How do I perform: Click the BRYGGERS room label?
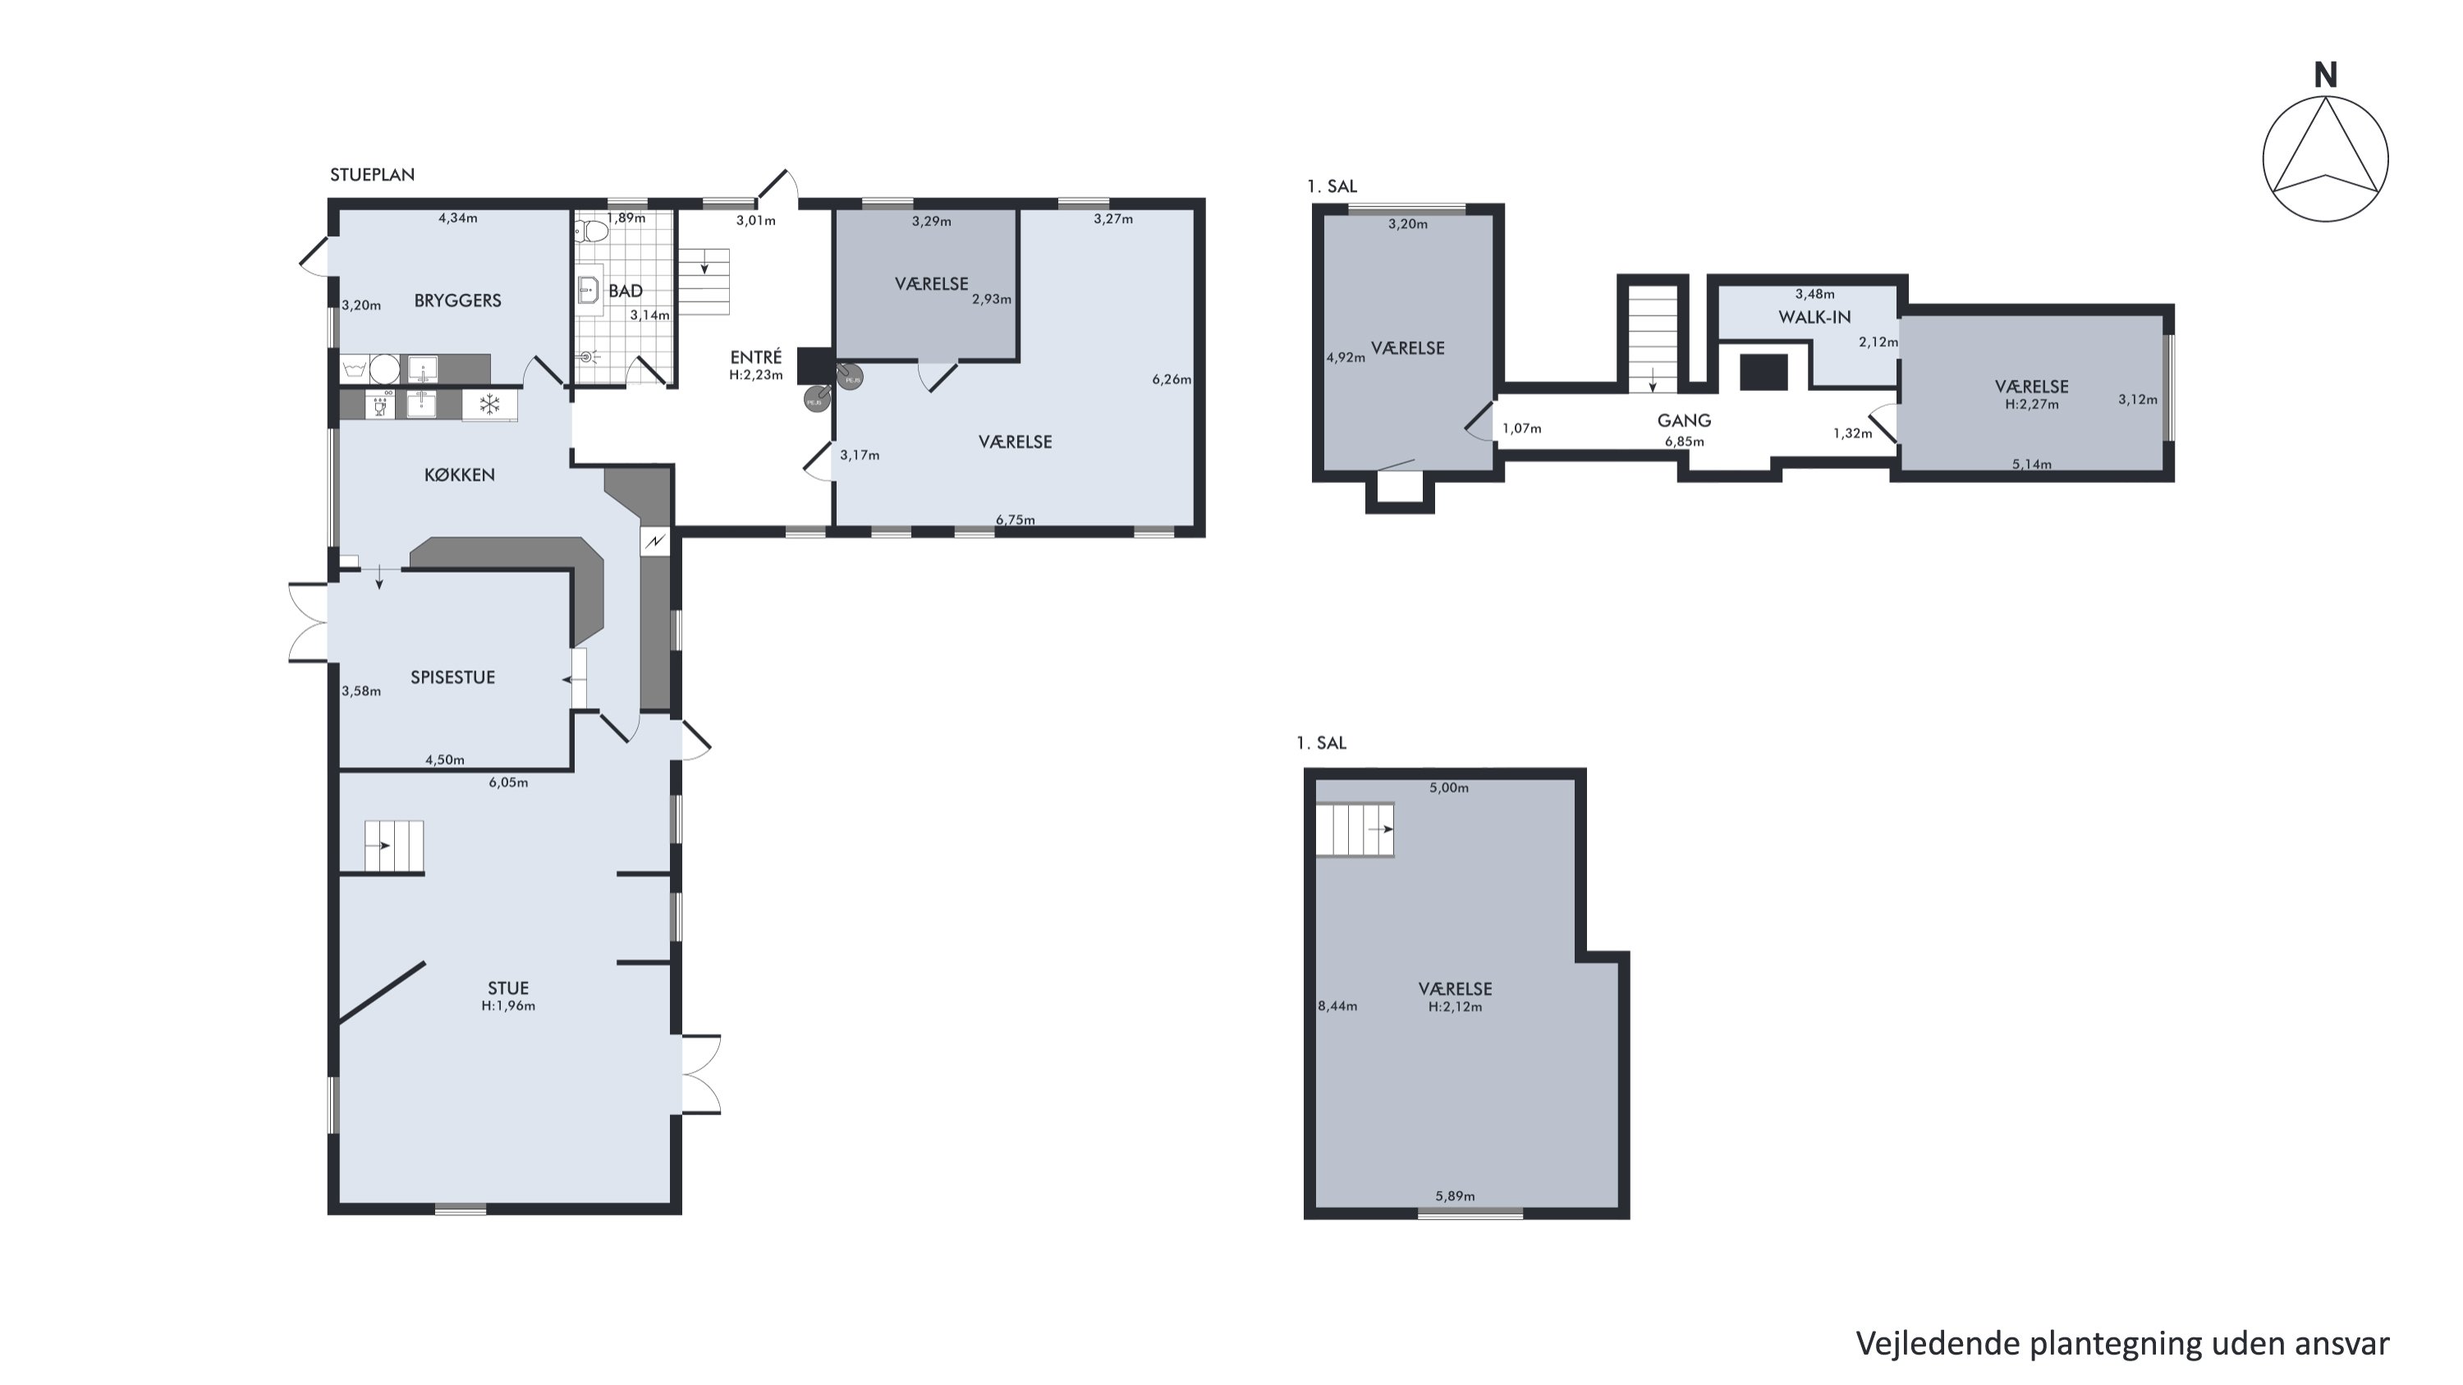tap(457, 300)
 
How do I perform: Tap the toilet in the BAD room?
tap(593, 231)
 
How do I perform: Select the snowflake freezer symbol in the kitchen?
tap(489, 404)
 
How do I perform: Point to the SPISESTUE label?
tap(452, 676)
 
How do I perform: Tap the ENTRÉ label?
tap(755, 356)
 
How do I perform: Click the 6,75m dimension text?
tap(1015, 520)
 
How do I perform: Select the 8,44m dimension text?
tap(1337, 1006)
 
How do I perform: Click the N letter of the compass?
tap(2325, 76)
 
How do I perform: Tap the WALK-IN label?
tap(1814, 316)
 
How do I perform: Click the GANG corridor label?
tap(1684, 420)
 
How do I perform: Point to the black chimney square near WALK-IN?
tap(1764, 372)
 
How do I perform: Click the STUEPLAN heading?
tap(372, 175)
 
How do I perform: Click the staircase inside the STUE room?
tap(393, 846)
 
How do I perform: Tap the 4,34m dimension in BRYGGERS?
tap(457, 218)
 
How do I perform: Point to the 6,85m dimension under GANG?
tap(1684, 442)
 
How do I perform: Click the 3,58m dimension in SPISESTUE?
tap(360, 691)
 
